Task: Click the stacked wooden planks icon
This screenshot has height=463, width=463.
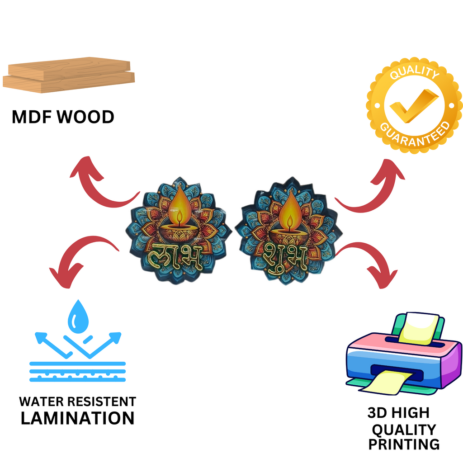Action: pyautogui.click(x=69, y=75)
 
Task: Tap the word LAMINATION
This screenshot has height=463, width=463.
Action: pyautogui.click(x=78, y=418)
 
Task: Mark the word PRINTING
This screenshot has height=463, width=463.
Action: pyautogui.click(x=404, y=444)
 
